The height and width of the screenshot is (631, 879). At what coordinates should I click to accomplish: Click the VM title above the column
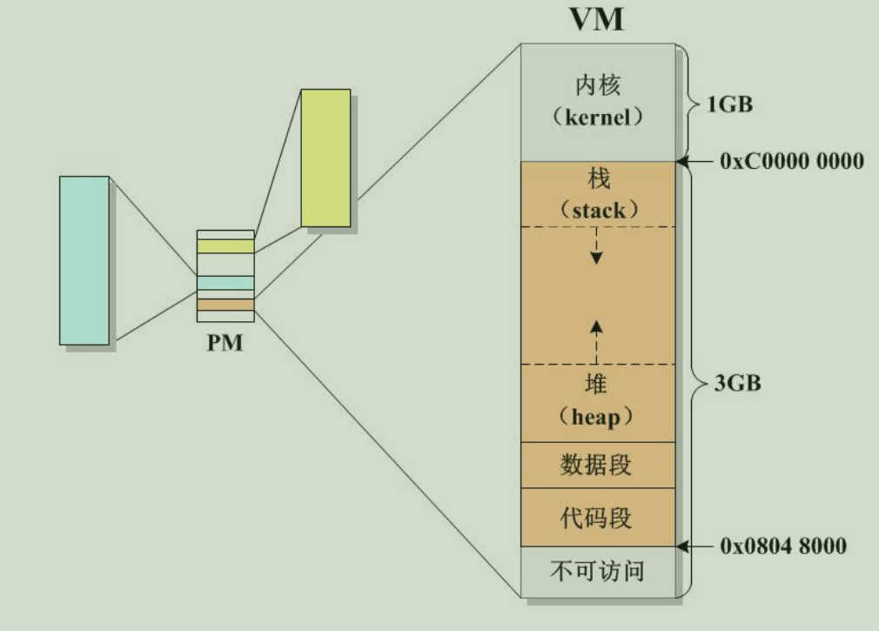597,19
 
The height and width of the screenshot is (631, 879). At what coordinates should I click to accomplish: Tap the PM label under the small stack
225,342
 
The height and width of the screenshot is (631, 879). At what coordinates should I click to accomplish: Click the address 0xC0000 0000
792,161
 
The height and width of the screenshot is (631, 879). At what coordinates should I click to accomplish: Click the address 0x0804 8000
783,547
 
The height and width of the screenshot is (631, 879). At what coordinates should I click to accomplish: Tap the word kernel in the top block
597,117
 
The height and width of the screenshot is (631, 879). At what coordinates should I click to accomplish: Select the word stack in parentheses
597,210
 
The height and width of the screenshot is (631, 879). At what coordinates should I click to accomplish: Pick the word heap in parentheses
597,417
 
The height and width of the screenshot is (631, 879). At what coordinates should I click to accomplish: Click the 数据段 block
597,465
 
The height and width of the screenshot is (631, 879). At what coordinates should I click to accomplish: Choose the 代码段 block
597,518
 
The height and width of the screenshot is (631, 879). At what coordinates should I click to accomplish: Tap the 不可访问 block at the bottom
597,572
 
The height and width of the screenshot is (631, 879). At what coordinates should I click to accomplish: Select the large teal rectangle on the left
84,259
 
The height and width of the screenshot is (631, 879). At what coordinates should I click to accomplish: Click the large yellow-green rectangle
325,158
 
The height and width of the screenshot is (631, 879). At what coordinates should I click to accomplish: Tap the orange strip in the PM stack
225,305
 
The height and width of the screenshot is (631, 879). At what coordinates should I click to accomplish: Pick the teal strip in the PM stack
225,283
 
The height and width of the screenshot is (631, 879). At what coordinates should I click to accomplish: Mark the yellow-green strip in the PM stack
225,246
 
